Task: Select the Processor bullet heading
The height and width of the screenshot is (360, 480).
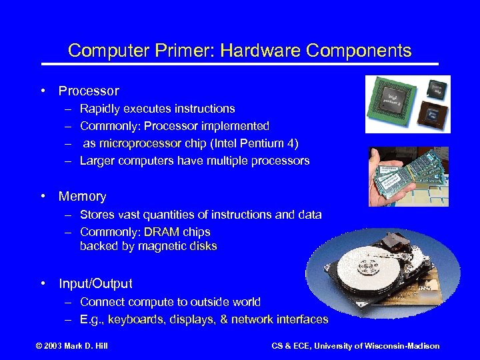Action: click(89, 91)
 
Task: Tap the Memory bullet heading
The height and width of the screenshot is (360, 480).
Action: click(82, 196)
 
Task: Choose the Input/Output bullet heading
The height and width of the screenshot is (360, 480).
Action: click(95, 283)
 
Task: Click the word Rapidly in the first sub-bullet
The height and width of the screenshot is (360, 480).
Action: click(101, 109)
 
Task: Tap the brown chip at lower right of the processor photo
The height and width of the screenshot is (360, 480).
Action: click(434, 114)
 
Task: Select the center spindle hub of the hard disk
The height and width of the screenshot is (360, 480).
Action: click(367, 267)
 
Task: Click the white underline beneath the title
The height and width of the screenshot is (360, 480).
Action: click(240, 64)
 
